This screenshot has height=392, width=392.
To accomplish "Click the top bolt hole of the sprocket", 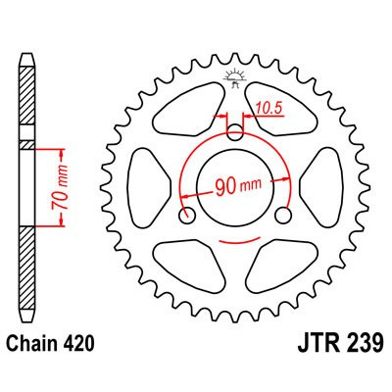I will (x=236, y=131).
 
